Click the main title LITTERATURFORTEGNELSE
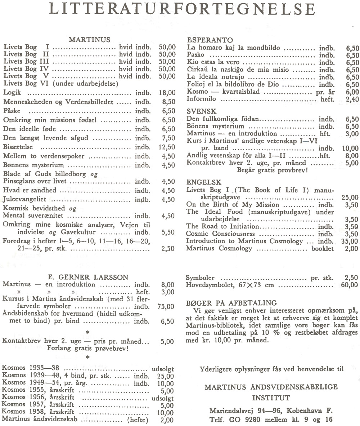180,9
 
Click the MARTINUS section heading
89,39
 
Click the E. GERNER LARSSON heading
88,277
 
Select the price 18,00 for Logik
167,93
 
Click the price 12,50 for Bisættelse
167,147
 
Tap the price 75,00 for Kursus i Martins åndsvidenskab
166,307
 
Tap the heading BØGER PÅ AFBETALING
232,303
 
